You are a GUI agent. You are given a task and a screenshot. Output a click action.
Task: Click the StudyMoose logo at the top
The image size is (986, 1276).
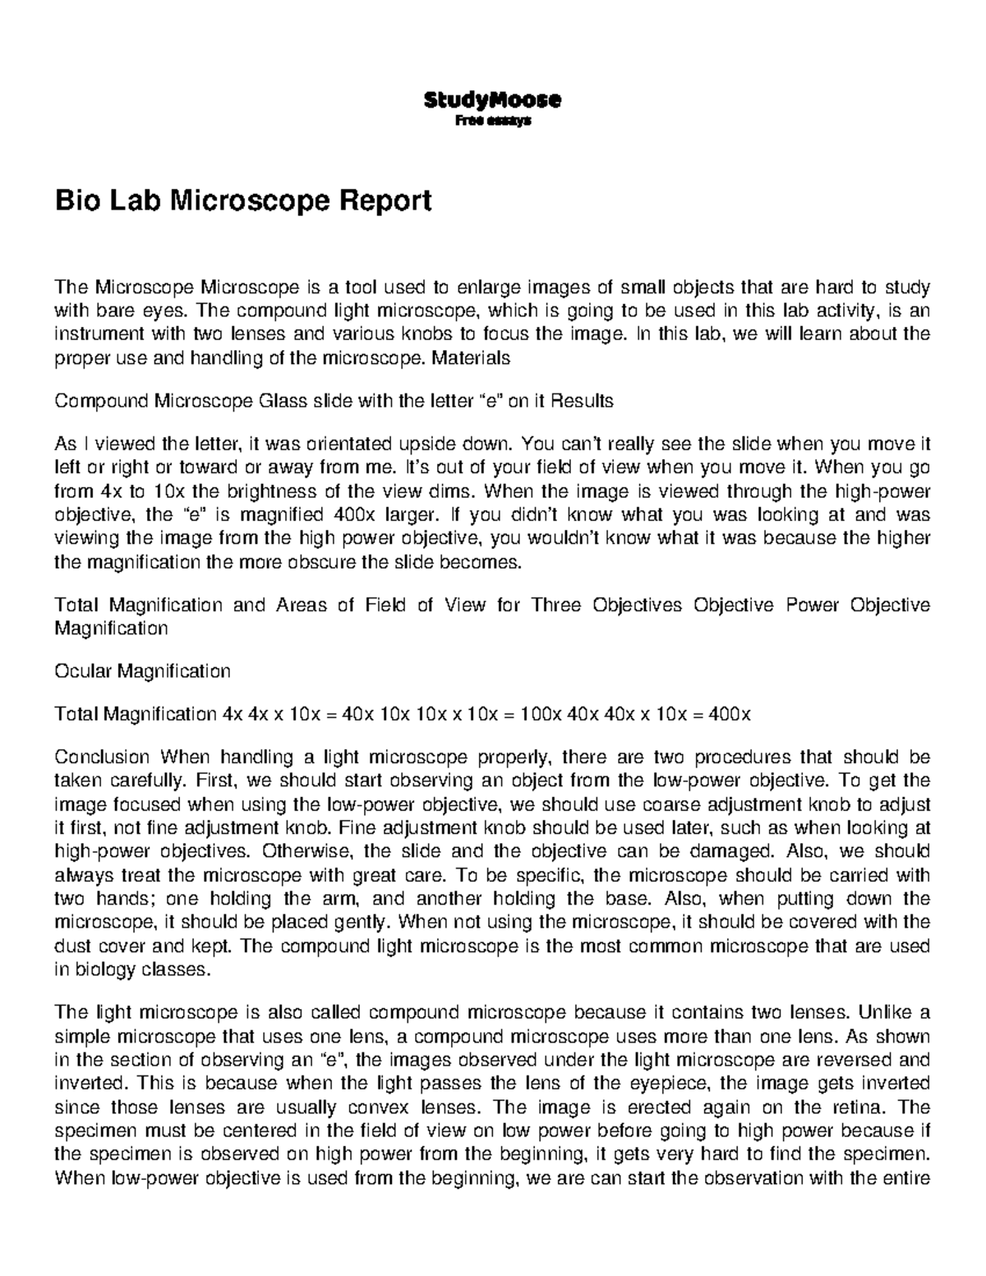(x=492, y=100)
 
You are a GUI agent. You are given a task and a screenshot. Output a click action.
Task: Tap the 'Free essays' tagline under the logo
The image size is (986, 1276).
(x=493, y=121)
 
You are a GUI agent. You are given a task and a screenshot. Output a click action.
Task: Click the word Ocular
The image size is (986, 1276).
(x=83, y=671)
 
